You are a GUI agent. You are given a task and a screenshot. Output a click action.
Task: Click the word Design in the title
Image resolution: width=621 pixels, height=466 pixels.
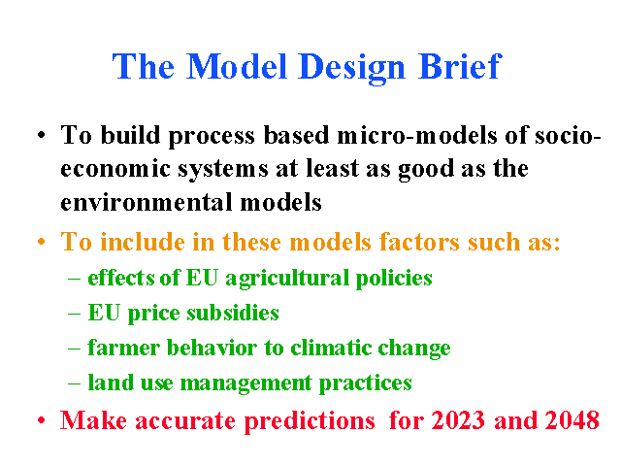click(x=352, y=67)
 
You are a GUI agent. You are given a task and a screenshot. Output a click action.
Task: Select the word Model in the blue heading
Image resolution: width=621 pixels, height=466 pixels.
click(x=236, y=66)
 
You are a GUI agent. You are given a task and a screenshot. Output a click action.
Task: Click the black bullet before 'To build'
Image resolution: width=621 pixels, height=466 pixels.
click(x=41, y=136)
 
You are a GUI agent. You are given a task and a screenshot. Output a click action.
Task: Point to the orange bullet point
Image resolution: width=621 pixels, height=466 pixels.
click(x=41, y=242)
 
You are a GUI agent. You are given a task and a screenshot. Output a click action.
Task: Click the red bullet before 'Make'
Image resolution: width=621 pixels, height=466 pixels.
click(x=41, y=420)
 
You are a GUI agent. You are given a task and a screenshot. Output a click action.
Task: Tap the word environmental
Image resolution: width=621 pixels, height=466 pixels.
click(x=147, y=202)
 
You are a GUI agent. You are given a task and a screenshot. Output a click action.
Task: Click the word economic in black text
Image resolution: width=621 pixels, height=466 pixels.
click(x=115, y=168)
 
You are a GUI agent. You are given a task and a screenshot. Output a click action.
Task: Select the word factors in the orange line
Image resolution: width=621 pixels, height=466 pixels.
click(x=419, y=242)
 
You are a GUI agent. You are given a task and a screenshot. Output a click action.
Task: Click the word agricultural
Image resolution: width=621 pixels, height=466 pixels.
click(x=287, y=279)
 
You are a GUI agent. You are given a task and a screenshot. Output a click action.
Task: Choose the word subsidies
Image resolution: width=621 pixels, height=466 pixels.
click(x=233, y=313)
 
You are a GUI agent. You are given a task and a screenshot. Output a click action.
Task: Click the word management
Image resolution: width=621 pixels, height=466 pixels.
click(x=245, y=383)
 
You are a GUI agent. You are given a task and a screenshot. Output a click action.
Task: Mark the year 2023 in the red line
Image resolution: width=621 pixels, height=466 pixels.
click(x=458, y=420)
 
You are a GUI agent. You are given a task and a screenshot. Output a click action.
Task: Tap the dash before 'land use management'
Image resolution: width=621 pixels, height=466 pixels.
click(x=74, y=384)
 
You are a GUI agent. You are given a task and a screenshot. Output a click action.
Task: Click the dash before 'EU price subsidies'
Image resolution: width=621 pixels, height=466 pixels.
click(x=74, y=314)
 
